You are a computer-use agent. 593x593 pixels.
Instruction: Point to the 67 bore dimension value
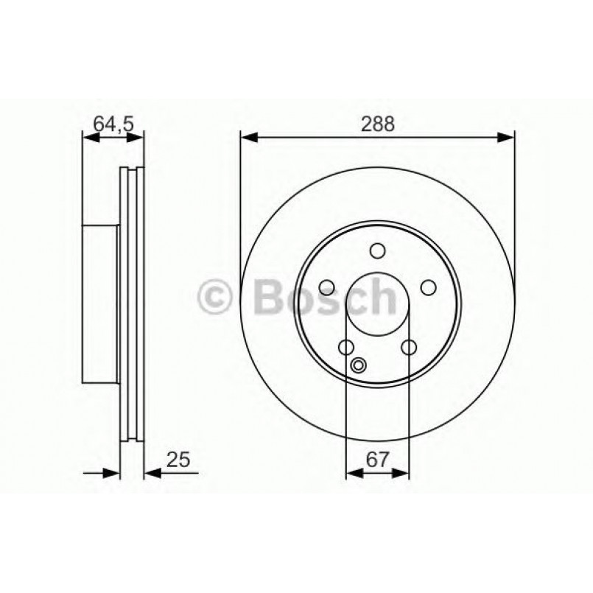coord(377,459)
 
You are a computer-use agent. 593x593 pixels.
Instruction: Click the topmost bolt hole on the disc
coord(377,251)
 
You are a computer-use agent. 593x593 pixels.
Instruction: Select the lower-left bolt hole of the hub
coord(345,347)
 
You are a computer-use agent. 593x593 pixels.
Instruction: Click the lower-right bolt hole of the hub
coord(409,347)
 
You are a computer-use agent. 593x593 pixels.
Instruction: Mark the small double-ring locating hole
coord(359,364)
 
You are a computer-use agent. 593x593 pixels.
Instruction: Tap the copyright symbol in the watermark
coord(216,298)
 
